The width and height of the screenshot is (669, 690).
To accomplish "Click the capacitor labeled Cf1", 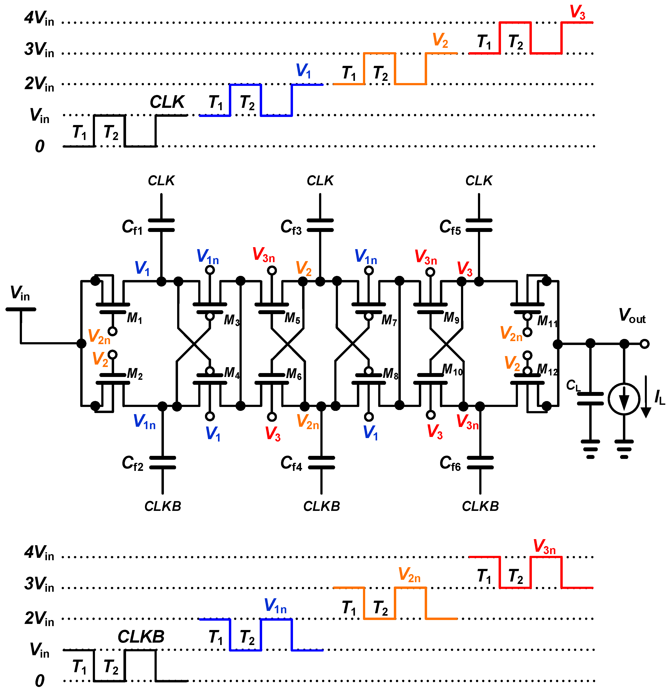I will [x=161, y=225].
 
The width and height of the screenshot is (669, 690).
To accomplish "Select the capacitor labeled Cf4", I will [x=321, y=463].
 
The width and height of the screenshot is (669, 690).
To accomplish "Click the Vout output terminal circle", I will [x=644, y=344].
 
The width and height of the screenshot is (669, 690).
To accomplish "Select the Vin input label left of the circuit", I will [x=20, y=293].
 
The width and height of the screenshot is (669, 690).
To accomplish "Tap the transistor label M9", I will [x=451, y=318].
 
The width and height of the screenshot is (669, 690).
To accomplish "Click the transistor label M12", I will [x=548, y=370].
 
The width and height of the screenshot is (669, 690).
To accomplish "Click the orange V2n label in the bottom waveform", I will [x=409, y=575].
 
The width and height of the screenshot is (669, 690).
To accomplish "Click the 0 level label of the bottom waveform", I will [x=40, y=680].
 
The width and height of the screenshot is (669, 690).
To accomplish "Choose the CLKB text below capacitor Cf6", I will [x=480, y=506].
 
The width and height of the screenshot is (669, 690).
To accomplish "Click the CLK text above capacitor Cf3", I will [x=320, y=181].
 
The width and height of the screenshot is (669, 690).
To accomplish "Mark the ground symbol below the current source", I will [x=624, y=449].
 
